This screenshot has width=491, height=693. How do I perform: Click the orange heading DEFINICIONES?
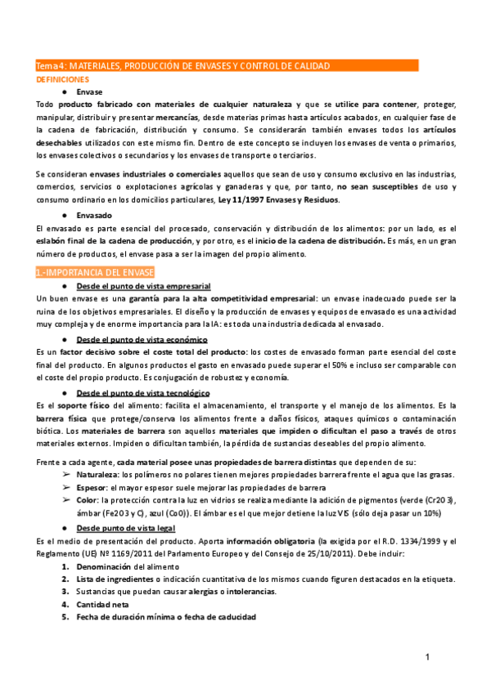coord(61,80)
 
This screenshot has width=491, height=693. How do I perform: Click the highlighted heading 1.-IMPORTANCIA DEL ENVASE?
coord(94,271)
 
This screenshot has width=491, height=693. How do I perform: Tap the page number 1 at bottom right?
coord(428,658)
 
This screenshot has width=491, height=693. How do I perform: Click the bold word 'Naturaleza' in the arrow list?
coord(97,475)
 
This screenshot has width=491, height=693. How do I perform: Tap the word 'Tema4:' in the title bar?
coord(48,65)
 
